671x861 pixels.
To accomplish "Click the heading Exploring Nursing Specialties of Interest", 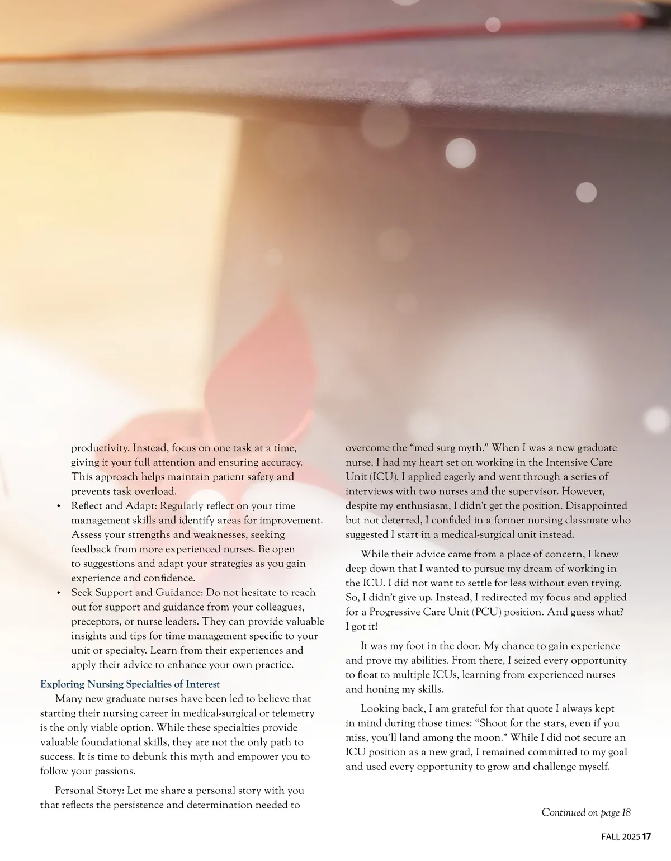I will click(x=130, y=684).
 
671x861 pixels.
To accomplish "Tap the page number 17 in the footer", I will click(x=647, y=837).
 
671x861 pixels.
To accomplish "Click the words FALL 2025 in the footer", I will click(x=620, y=837).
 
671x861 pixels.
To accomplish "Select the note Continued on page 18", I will click(x=585, y=812).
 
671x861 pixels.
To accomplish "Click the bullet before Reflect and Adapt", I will click(x=58, y=507).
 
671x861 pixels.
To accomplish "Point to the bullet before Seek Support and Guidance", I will click(x=58, y=593).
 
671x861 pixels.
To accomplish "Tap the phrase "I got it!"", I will click(x=361, y=626).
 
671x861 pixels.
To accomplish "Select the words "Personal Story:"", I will click(x=90, y=791).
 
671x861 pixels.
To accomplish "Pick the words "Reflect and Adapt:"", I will click(x=114, y=506).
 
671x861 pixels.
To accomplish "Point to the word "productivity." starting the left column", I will click(x=100, y=448).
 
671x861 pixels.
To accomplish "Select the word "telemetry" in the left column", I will click(x=292, y=713).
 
